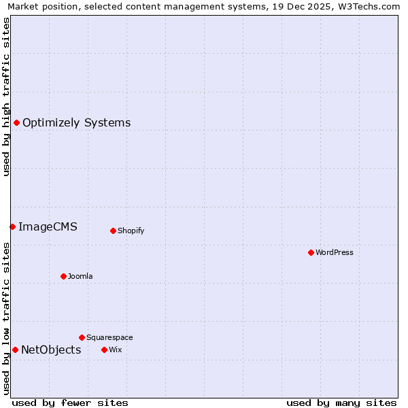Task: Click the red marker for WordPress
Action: [x=311, y=252]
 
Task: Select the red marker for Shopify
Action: [x=113, y=231]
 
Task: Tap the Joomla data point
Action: [x=63, y=276]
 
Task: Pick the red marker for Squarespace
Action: [x=82, y=337]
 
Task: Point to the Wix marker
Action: [x=104, y=350]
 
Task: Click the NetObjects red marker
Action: [x=15, y=350]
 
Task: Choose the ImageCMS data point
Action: [x=12, y=226]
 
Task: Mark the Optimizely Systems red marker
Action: [x=16, y=122]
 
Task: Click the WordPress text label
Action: [x=335, y=252]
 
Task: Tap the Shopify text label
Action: [x=131, y=231]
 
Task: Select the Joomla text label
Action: [x=80, y=276]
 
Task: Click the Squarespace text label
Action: [x=109, y=337]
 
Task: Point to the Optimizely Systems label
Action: [x=77, y=123]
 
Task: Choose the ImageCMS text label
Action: [x=48, y=227]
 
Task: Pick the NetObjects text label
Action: [x=51, y=350]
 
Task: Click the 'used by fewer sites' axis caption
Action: [x=70, y=403]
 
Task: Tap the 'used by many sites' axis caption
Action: [x=341, y=403]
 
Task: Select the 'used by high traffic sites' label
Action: [x=6, y=97]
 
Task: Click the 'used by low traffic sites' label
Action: [x=6, y=318]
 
